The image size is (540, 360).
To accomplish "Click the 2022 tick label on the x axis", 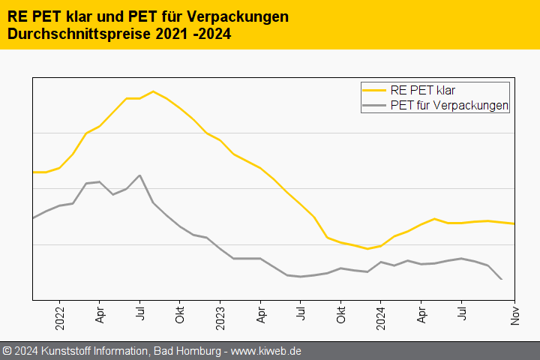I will pos(60,316).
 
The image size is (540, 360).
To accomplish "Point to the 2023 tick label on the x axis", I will pos(220,316).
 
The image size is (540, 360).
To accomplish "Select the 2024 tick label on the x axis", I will pos(381,316).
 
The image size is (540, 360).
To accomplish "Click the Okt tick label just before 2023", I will pos(180,315).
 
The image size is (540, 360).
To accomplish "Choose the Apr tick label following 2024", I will pos(421,315).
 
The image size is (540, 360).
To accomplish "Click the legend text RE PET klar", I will pos(423,91).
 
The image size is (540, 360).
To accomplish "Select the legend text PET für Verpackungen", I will pos(449,106).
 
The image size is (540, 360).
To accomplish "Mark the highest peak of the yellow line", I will pos(153,91).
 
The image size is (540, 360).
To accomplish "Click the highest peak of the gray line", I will pos(140,175).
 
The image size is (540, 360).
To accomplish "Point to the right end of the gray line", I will pos(501,279).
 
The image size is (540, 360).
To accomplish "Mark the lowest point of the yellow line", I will pos(367,249).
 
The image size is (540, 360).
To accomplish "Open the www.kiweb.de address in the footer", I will pos(265,351).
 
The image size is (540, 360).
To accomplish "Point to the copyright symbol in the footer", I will pos(7,351).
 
